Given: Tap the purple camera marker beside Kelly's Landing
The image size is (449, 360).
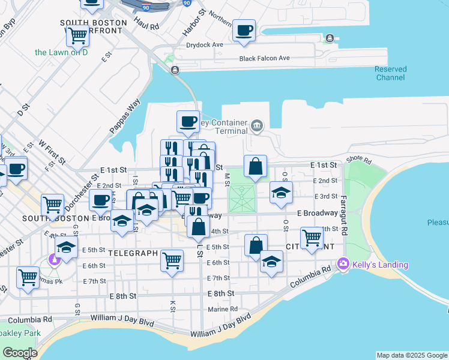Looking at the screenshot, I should (x=343, y=263).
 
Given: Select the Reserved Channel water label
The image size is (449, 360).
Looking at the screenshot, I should (x=391, y=73).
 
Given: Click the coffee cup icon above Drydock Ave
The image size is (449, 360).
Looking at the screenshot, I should (x=244, y=31).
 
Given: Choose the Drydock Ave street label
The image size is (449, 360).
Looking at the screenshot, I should (x=205, y=44).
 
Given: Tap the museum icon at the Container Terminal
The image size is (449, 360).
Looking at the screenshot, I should (x=257, y=125).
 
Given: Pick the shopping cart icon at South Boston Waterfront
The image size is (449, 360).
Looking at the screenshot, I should (x=78, y=35).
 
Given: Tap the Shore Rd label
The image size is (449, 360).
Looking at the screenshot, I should (x=359, y=161).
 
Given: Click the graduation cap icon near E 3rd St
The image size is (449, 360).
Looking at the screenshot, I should (x=280, y=192).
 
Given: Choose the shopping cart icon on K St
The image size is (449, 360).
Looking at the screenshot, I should (x=172, y=260).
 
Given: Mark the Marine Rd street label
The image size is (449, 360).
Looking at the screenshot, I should (x=223, y=310).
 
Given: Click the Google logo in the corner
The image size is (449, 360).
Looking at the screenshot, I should (x=20, y=352).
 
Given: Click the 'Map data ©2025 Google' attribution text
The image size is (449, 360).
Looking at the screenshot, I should (x=412, y=355).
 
